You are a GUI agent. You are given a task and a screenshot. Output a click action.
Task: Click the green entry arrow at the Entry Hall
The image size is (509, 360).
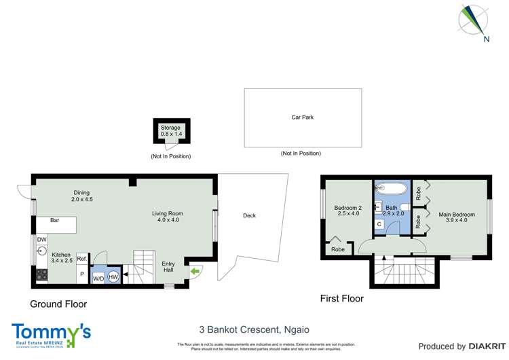[x=195, y=272]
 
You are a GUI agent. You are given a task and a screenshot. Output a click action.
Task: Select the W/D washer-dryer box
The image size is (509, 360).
[x=98, y=277]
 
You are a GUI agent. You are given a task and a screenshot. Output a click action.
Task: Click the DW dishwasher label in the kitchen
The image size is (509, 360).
[x=42, y=239]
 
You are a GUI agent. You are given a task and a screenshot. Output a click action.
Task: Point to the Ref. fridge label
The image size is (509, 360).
[x=81, y=259]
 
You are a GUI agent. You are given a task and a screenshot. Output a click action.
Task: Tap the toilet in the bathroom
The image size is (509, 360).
[x=404, y=207]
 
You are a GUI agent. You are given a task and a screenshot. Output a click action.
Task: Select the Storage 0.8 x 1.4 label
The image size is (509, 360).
[x=171, y=131]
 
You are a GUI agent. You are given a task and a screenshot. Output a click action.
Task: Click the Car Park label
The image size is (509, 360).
[x=302, y=118]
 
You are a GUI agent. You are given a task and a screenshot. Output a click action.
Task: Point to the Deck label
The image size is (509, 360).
[x=249, y=216]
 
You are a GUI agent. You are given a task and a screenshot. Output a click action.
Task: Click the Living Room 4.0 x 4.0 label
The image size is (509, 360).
[x=167, y=217]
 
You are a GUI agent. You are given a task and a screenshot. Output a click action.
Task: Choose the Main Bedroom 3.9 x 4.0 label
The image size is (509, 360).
[x=453, y=216]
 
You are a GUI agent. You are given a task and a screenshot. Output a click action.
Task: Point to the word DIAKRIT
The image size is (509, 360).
[x=481, y=346]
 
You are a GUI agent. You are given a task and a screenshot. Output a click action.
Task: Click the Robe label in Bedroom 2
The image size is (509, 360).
[x=337, y=250]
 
